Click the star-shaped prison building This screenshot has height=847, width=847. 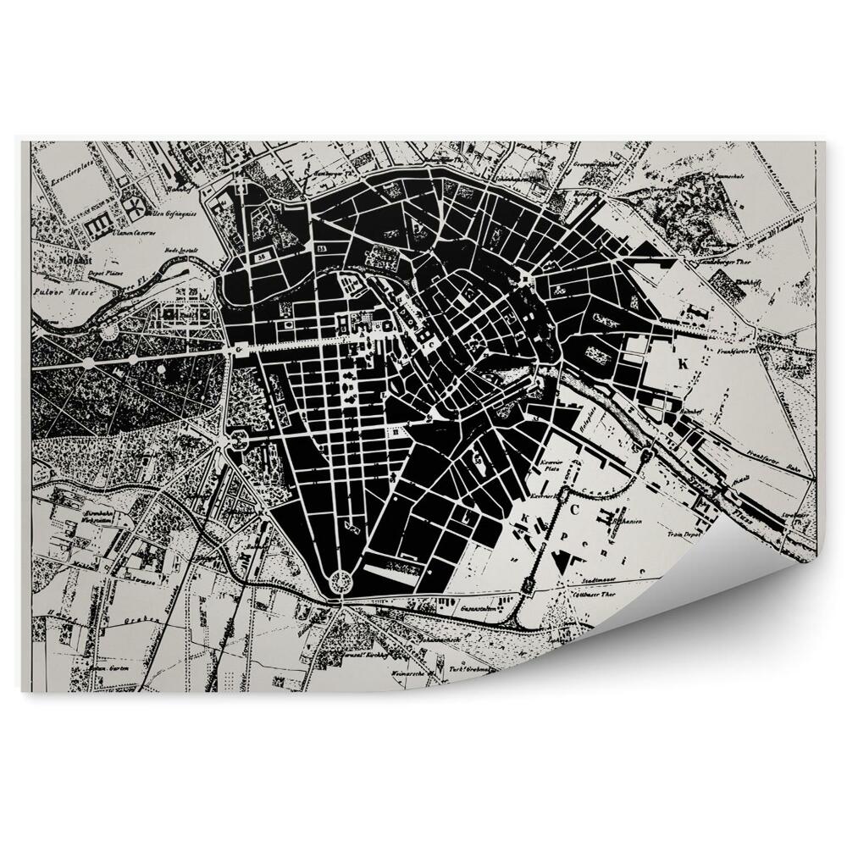(x=132, y=205)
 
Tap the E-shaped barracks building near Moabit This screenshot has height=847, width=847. (x=98, y=224)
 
